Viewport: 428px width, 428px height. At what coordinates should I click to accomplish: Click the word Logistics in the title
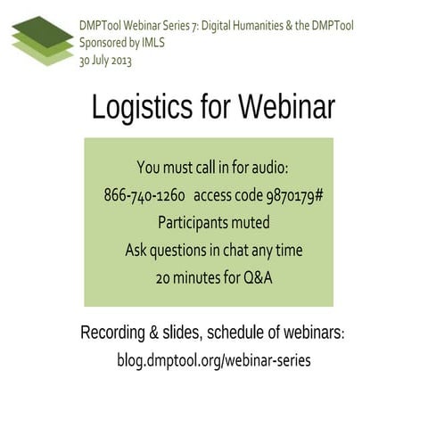(142, 107)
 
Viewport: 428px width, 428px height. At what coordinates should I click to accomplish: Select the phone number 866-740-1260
(144, 195)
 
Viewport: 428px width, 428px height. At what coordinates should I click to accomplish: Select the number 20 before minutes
(162, 277)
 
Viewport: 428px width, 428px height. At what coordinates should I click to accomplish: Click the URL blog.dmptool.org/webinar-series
(214, 361)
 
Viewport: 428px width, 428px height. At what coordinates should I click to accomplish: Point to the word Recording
(114, 333)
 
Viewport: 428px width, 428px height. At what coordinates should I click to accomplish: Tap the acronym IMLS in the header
(158, 41)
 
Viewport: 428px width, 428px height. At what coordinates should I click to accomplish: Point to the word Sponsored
(105, 41)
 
